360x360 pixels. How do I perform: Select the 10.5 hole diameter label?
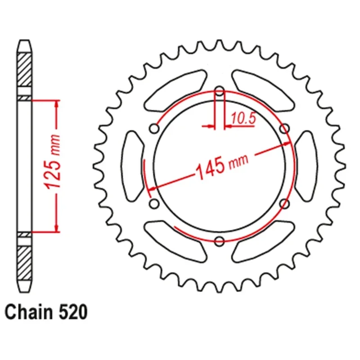click(243, 118)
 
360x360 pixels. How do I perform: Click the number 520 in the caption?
click(73, 312)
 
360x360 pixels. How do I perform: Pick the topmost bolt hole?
click(220, 91)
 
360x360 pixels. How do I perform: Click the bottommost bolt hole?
click(220, 241)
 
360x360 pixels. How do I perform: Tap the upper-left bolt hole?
click(154, 128)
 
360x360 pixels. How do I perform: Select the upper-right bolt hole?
click(285, 128)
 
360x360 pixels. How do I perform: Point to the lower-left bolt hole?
click(154, 203)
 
